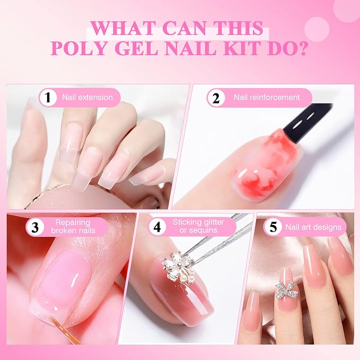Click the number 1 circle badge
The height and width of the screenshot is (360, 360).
coord(48,98)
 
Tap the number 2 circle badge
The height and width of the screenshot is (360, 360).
coord(216,98)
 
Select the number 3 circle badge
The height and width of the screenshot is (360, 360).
coord(35,227)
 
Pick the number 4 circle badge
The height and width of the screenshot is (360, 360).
coord(157,227)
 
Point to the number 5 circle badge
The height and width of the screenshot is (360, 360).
coord(273,227)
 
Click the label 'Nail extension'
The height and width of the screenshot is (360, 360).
coord(87,98)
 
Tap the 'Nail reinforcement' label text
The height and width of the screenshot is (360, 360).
coord(267,98)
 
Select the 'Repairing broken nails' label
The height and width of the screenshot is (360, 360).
coord(73,226)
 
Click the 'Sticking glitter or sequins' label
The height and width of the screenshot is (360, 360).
coord(198,226)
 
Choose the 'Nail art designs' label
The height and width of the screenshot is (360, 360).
coord(313,227)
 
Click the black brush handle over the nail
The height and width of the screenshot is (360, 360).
coord(307,122)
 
